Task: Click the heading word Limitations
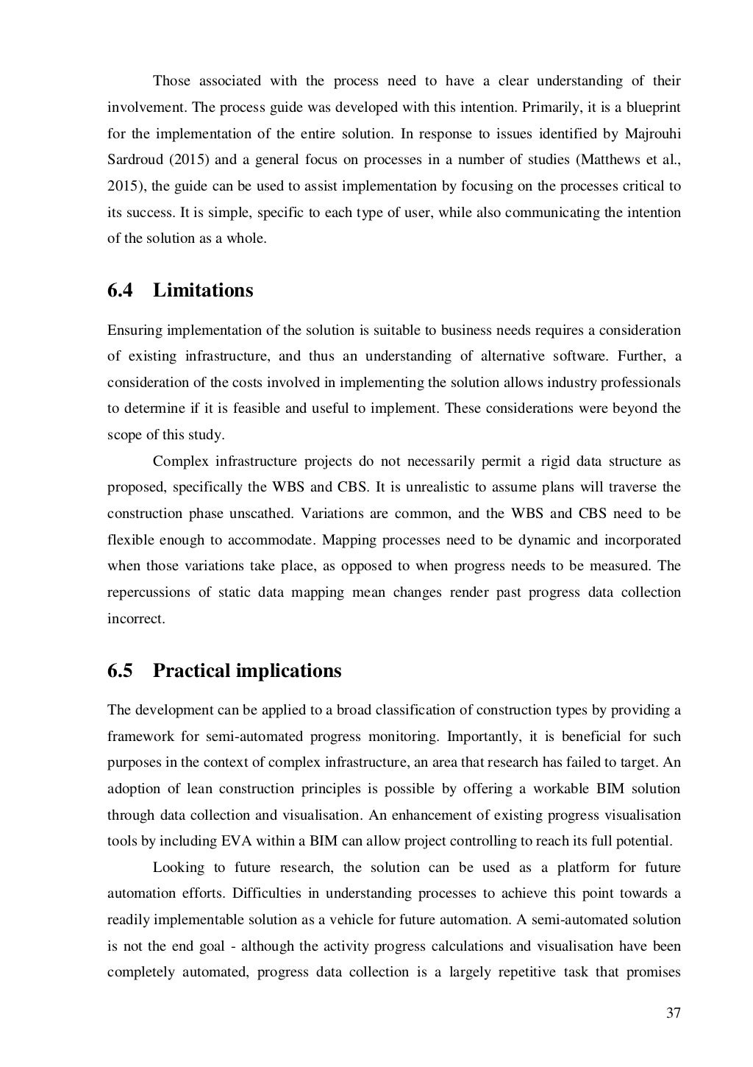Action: pos(203,291)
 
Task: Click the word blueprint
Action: pos(654,107)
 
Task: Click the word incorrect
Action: pos(136,619)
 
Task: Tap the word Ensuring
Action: pos(135,330)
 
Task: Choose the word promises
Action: pos(654,972)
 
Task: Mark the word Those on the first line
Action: pos(171,81)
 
